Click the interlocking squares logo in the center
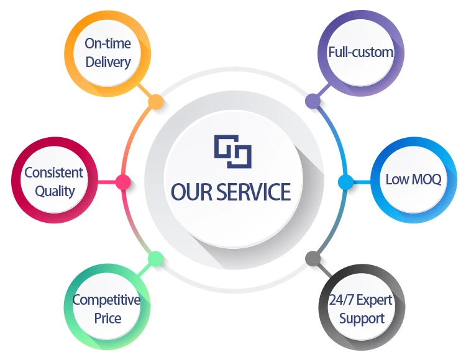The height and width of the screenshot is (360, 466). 232,151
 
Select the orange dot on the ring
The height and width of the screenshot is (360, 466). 156,102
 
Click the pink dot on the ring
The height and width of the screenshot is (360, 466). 123,182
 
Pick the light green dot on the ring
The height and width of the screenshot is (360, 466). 156,259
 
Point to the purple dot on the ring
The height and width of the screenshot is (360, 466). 312,101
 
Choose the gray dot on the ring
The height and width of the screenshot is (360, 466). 312,258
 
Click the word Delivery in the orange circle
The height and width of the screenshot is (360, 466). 108,61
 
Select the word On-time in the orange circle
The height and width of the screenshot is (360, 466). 108,43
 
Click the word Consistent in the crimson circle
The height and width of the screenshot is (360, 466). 53,173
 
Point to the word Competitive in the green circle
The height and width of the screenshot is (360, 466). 106,300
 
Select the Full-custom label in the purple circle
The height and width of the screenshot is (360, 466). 361,52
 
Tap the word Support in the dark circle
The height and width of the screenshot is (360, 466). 362,319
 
